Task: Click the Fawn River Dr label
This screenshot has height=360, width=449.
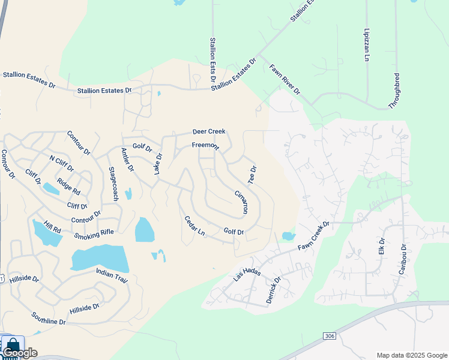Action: coord(284,80)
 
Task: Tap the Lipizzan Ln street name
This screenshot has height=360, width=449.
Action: coord(366,44)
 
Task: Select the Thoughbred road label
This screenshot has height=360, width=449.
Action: coord(394,91)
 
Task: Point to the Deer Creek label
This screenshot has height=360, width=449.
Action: coord(209,131)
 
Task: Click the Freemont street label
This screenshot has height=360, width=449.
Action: coord(205,146)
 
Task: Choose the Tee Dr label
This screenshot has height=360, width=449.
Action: coord(253,175)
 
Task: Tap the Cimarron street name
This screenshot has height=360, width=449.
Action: coord(241,203)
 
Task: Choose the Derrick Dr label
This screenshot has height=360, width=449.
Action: coord(273,290)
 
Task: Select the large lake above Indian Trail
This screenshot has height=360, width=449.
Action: coord(100,259)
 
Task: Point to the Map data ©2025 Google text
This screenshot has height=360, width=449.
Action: coord(411,355)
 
